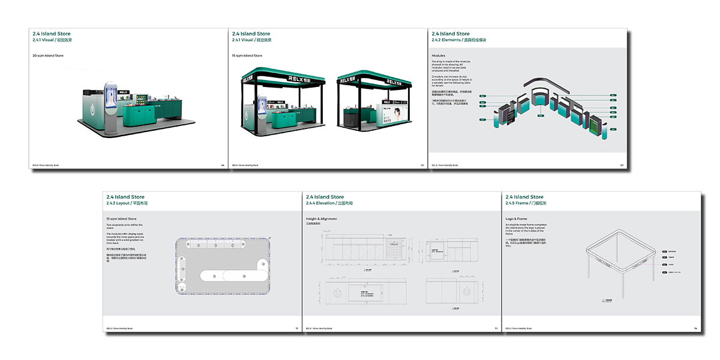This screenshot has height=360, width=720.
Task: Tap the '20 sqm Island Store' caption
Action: click(48, 56)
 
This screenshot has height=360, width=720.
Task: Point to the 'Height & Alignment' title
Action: click(322, 219)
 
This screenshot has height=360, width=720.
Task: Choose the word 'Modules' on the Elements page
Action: click(439, 55)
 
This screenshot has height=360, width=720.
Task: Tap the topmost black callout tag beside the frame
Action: click(665, 254)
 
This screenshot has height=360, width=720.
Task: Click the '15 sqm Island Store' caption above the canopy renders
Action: click(247, 56)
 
